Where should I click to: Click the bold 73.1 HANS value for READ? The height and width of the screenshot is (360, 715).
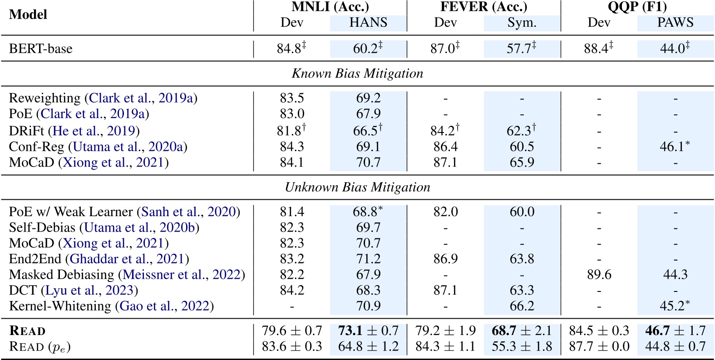click(350, 330)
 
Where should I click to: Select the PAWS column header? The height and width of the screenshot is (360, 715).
click(675, 22)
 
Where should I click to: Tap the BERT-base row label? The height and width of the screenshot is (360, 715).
click(40, 49)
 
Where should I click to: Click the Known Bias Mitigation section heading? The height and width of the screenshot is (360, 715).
click(357, 74)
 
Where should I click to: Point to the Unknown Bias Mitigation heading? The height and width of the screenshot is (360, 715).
click(357, 187)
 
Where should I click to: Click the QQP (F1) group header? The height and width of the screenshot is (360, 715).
click(637, 7)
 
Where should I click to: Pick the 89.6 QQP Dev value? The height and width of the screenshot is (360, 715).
click(599, 274)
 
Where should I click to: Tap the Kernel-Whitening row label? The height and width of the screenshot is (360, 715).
click(59, 306)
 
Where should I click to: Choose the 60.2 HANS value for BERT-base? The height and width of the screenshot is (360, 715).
click(368, 48)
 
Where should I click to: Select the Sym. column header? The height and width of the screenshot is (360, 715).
click(522, 22)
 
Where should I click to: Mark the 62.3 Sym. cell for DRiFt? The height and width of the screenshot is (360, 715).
click(521, 131)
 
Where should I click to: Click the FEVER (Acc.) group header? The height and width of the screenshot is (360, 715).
click(484, 7)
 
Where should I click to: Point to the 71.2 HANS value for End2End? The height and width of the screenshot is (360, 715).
click(368, 259)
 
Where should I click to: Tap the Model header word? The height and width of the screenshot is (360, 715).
click(28, 15)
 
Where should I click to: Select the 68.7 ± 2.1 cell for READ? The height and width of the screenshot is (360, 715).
click(522, 330)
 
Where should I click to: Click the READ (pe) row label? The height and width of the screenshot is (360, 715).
click(40, 347)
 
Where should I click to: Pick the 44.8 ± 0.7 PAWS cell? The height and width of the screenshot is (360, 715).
click(675, 346)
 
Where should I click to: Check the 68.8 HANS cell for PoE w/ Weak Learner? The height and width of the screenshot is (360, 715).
click(368, 212)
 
